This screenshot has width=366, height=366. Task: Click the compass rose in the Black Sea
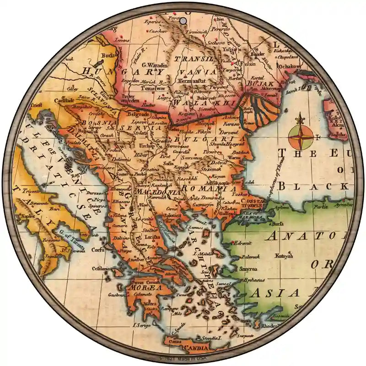[301, 136]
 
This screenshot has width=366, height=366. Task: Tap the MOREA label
[146, 288]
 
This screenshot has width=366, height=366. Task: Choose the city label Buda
[108, 56]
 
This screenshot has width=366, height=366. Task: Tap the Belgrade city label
[139, 113]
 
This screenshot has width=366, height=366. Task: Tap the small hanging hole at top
[183, 21]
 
